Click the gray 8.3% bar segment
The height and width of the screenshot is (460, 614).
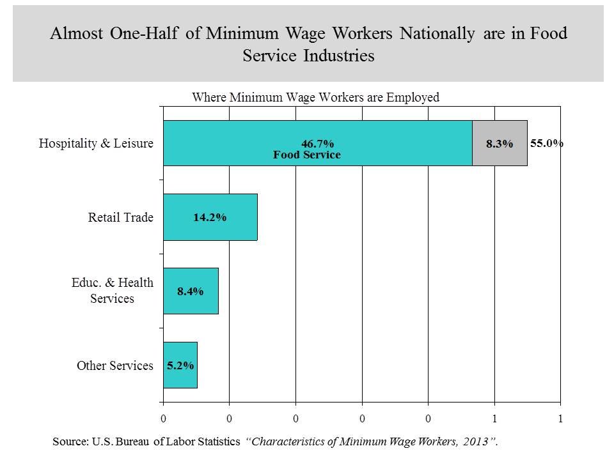[500, 144]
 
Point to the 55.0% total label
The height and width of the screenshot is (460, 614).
[546, 144]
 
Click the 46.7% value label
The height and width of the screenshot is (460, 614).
[318, 144]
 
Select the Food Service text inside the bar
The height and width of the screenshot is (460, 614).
[307, 155]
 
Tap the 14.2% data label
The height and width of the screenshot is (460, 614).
[210, 217]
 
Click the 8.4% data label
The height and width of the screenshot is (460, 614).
[191, 291]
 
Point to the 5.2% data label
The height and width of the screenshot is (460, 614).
[180, 365]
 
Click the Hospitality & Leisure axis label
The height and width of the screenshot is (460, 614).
[96, 143]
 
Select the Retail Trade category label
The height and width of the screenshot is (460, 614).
[121, 217]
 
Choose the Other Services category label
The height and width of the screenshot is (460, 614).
[115, 365]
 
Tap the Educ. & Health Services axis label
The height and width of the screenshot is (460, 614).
[112, 291]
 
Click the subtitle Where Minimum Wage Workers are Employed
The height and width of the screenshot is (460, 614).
[316, 98]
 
